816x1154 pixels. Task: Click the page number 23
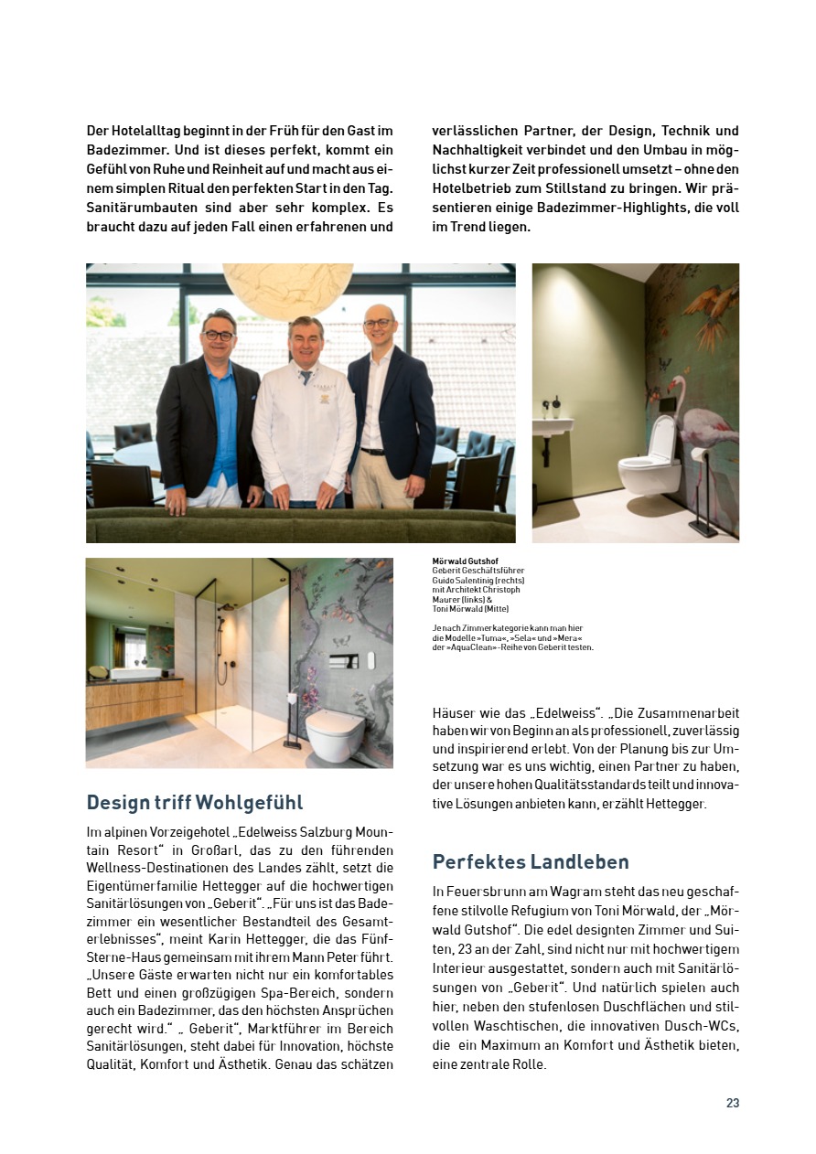[732, 1103]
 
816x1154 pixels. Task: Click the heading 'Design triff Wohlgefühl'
[195, 803]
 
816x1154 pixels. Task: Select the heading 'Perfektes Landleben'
[531, 862]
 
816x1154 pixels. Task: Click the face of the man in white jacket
[305, 341]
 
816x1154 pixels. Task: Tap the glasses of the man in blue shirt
[218, 336]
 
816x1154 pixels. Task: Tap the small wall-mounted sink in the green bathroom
[553, 427]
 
